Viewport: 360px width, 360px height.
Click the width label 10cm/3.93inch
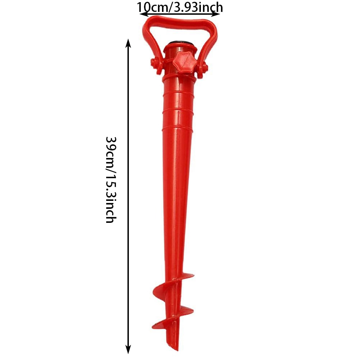point(180,7)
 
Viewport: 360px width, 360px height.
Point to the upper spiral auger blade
point(162,288)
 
